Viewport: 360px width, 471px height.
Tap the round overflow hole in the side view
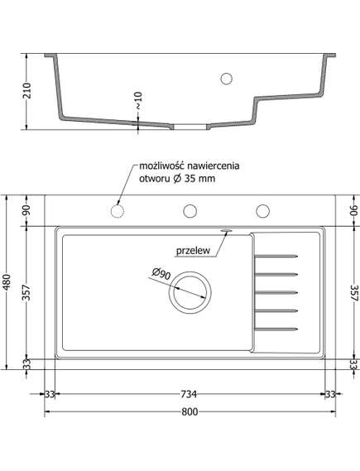coord(225,79)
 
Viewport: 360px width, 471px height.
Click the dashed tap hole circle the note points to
coord(117,211)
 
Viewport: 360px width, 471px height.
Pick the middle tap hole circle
coord(190,211)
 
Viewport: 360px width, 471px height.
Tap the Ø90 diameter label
coord(161,274)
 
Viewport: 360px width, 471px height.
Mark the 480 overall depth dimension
coord(9,282)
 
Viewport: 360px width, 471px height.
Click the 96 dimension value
coord(353,211)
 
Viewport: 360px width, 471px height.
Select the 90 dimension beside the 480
coord(27,211)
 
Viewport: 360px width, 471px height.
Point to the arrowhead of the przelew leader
coord(225,228)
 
